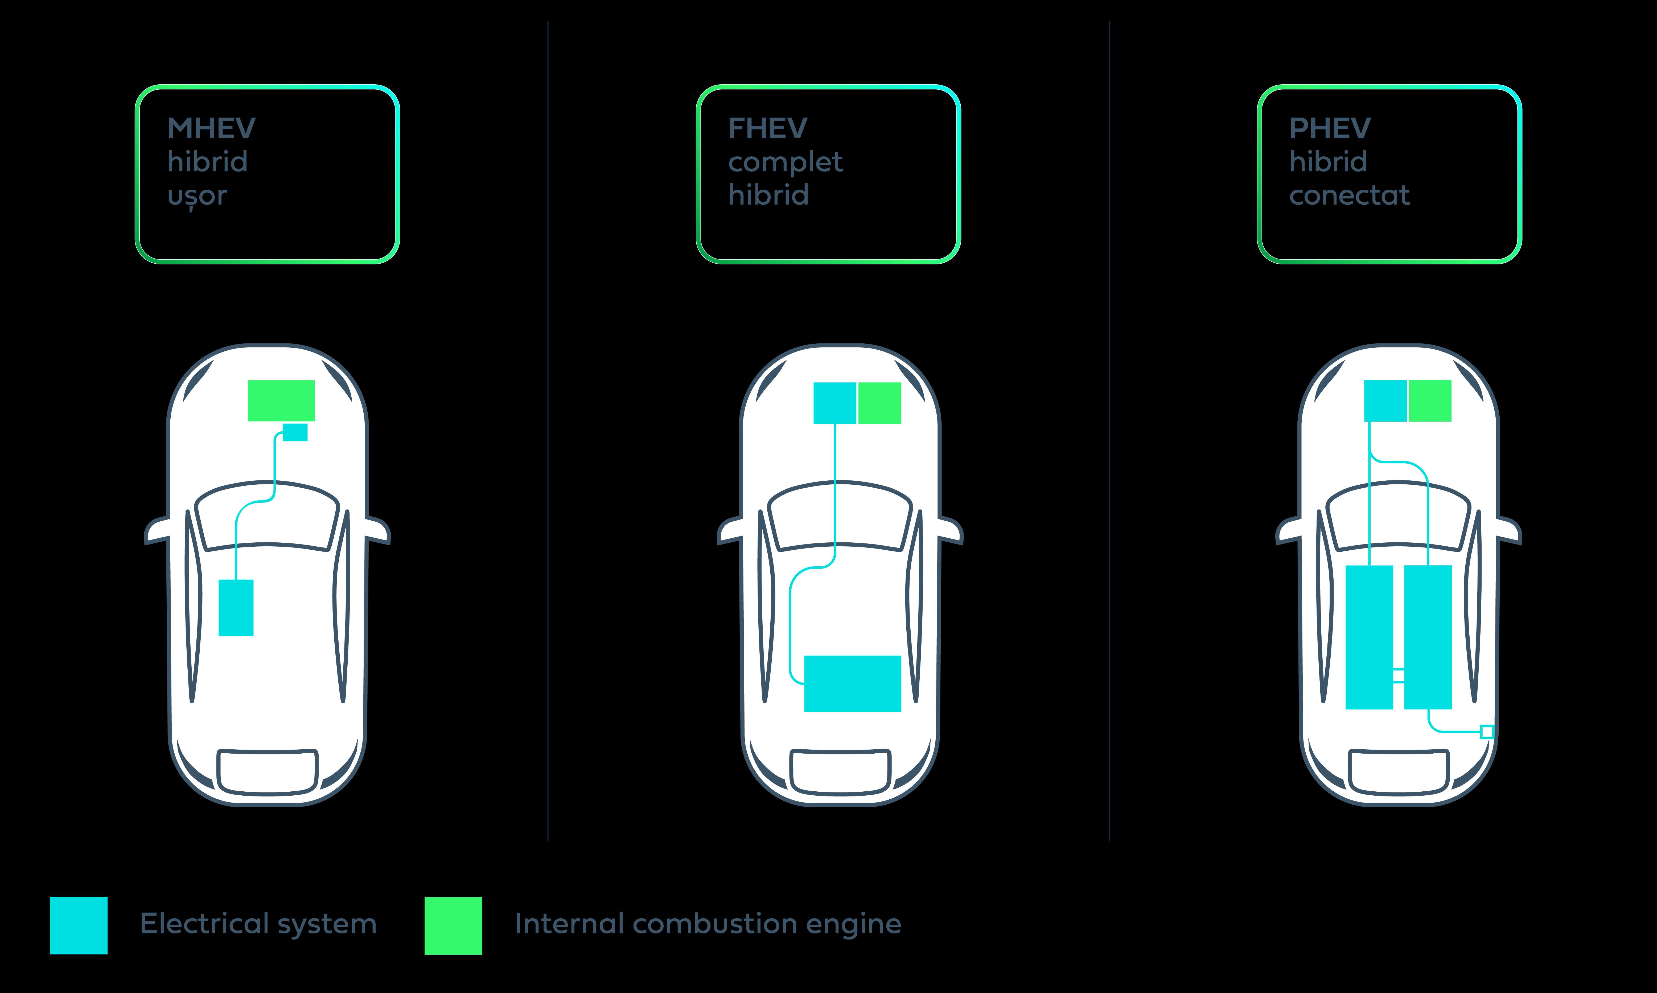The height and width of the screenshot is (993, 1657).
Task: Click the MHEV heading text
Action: pyautogui.click(x=212, y=128)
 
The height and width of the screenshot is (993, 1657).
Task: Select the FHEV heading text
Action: pyautogui.click(x=768, y=128)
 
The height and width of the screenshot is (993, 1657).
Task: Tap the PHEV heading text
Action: pyautogui.click(x=1330, y=128)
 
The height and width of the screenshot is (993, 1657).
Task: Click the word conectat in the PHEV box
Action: pyautogui.click(x=1350, y=196)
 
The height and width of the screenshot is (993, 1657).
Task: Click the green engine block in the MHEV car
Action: pyautogui.click(x=281, y=401)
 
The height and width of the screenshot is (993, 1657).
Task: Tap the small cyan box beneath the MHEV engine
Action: pyautogui.click(x=295, y=432)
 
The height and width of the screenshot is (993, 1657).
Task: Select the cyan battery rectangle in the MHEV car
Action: pyautogui.click(x=236, y=608)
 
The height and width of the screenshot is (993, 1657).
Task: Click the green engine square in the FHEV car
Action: pyautogui.click(x=880, y=403)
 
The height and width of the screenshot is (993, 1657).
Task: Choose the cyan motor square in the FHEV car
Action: pyautogui.click(x=835, y=403)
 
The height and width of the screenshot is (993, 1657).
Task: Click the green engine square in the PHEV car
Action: pyautogui.click(x=1430, y=401)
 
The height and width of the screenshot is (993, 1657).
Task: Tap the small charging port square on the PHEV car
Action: pyautogui.click(x=1487, y=731)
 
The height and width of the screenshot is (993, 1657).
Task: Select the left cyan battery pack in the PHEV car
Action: pyautogui.click(x=1369, y=637)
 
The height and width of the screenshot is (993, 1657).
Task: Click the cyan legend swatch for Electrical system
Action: pyautogui.click(x=79, y=925)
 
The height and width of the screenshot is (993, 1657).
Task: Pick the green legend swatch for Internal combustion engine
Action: pyautogui.click(x=453, y=925)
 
